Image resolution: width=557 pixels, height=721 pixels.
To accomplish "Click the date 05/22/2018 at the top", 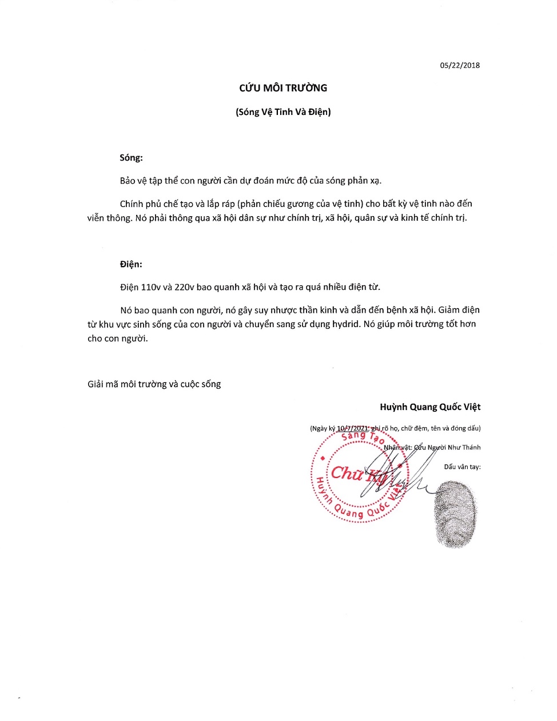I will click(460, 65).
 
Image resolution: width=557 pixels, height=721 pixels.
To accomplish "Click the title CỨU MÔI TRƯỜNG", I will click(283, 88).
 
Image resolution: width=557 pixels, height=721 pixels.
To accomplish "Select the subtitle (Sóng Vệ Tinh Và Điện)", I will click(283, 112).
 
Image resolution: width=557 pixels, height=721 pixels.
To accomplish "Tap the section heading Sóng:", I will click(131, 158).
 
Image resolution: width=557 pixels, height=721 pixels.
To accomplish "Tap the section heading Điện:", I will click(131, 264).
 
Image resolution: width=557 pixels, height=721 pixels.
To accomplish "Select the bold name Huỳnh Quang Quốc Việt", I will click(430, 407).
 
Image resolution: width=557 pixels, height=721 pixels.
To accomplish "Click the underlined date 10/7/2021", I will click(352, 428).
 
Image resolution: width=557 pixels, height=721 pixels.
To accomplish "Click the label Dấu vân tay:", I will click(462, 467).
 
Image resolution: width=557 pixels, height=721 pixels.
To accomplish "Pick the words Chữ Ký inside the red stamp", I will click(359, 474).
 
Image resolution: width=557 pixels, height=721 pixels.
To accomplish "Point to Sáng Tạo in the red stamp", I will click(362, 437).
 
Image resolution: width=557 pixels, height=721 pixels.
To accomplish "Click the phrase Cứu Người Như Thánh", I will click(447, 448).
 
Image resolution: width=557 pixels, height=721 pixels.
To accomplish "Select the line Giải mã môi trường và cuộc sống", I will click(154, 384).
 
